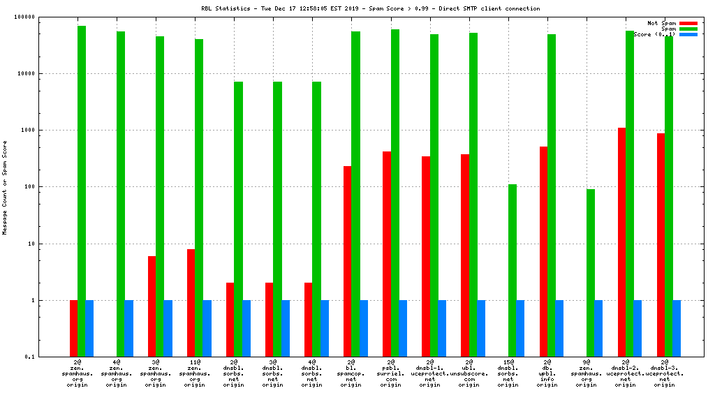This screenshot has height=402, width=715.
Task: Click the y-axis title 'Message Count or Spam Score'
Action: point(5,187)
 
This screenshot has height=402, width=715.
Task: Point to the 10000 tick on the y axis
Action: point(43,73)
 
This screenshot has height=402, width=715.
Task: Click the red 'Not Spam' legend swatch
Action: point(688,23)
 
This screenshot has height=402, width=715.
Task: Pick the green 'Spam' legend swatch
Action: point(688,29)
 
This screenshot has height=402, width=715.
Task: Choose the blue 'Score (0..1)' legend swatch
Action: point(688,34)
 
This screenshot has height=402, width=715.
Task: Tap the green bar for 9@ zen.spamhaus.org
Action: point(591,273)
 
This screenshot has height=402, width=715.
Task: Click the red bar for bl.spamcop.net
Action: point(347,262)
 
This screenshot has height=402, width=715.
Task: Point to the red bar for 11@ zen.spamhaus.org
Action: point(191,303)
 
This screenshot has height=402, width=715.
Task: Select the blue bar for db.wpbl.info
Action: point(559,329)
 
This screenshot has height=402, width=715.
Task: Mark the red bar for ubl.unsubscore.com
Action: point(464,255)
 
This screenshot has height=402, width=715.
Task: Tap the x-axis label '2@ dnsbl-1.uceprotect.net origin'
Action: point(430,373)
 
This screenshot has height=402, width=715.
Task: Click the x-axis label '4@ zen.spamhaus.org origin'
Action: point(117,373)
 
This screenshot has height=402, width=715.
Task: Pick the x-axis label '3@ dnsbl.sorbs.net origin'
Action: point(274,373)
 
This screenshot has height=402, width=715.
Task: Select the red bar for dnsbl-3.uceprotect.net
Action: point(661,245)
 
